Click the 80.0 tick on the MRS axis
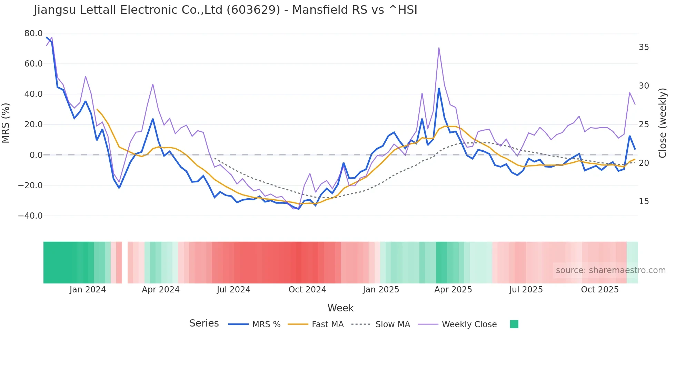(x=33, y=33)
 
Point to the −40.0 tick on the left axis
(x=30, y=216)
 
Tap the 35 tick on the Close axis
(x=644, y=47)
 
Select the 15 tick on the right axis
(x=644, y=201)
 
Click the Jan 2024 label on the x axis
(x=88, y=290)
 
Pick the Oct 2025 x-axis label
(x=600, y=290)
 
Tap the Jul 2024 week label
(x=233, y=290)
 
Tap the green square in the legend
(x=514, y=324)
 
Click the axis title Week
(x=340, y=308)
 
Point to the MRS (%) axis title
(x=6, y=123)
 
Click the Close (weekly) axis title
(x=662, y=123)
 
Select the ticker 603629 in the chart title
(x=253, y=10)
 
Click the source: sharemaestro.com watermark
(x=610, y=270)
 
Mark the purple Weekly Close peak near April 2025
(x=439, y=48)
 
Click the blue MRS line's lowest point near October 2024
(x=299, y=209)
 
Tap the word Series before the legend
(x=204, y=323)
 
